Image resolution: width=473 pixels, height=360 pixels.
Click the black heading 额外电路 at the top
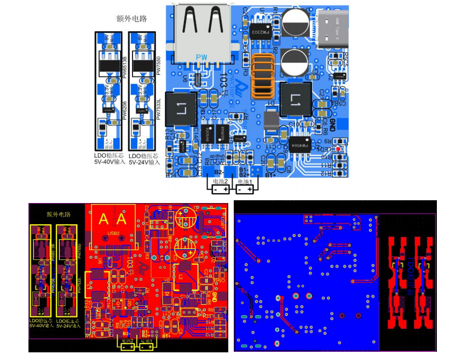click(131, 19)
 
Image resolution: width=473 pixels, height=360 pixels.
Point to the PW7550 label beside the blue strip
click(158, 66)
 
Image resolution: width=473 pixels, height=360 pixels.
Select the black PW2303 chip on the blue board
click(259, 32)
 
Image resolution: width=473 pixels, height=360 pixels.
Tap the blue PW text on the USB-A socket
click(201, 57)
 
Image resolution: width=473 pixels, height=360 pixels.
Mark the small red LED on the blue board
click(339, 148)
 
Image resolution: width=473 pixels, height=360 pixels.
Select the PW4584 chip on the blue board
click(296, 146)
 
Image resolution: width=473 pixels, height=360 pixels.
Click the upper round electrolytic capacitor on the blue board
click(296, 23)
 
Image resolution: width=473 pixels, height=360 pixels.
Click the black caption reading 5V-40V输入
click(109, 162)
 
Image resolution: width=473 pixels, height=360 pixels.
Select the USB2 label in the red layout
click(114, 234)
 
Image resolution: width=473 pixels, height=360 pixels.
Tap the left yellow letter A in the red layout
click(103, 220)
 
